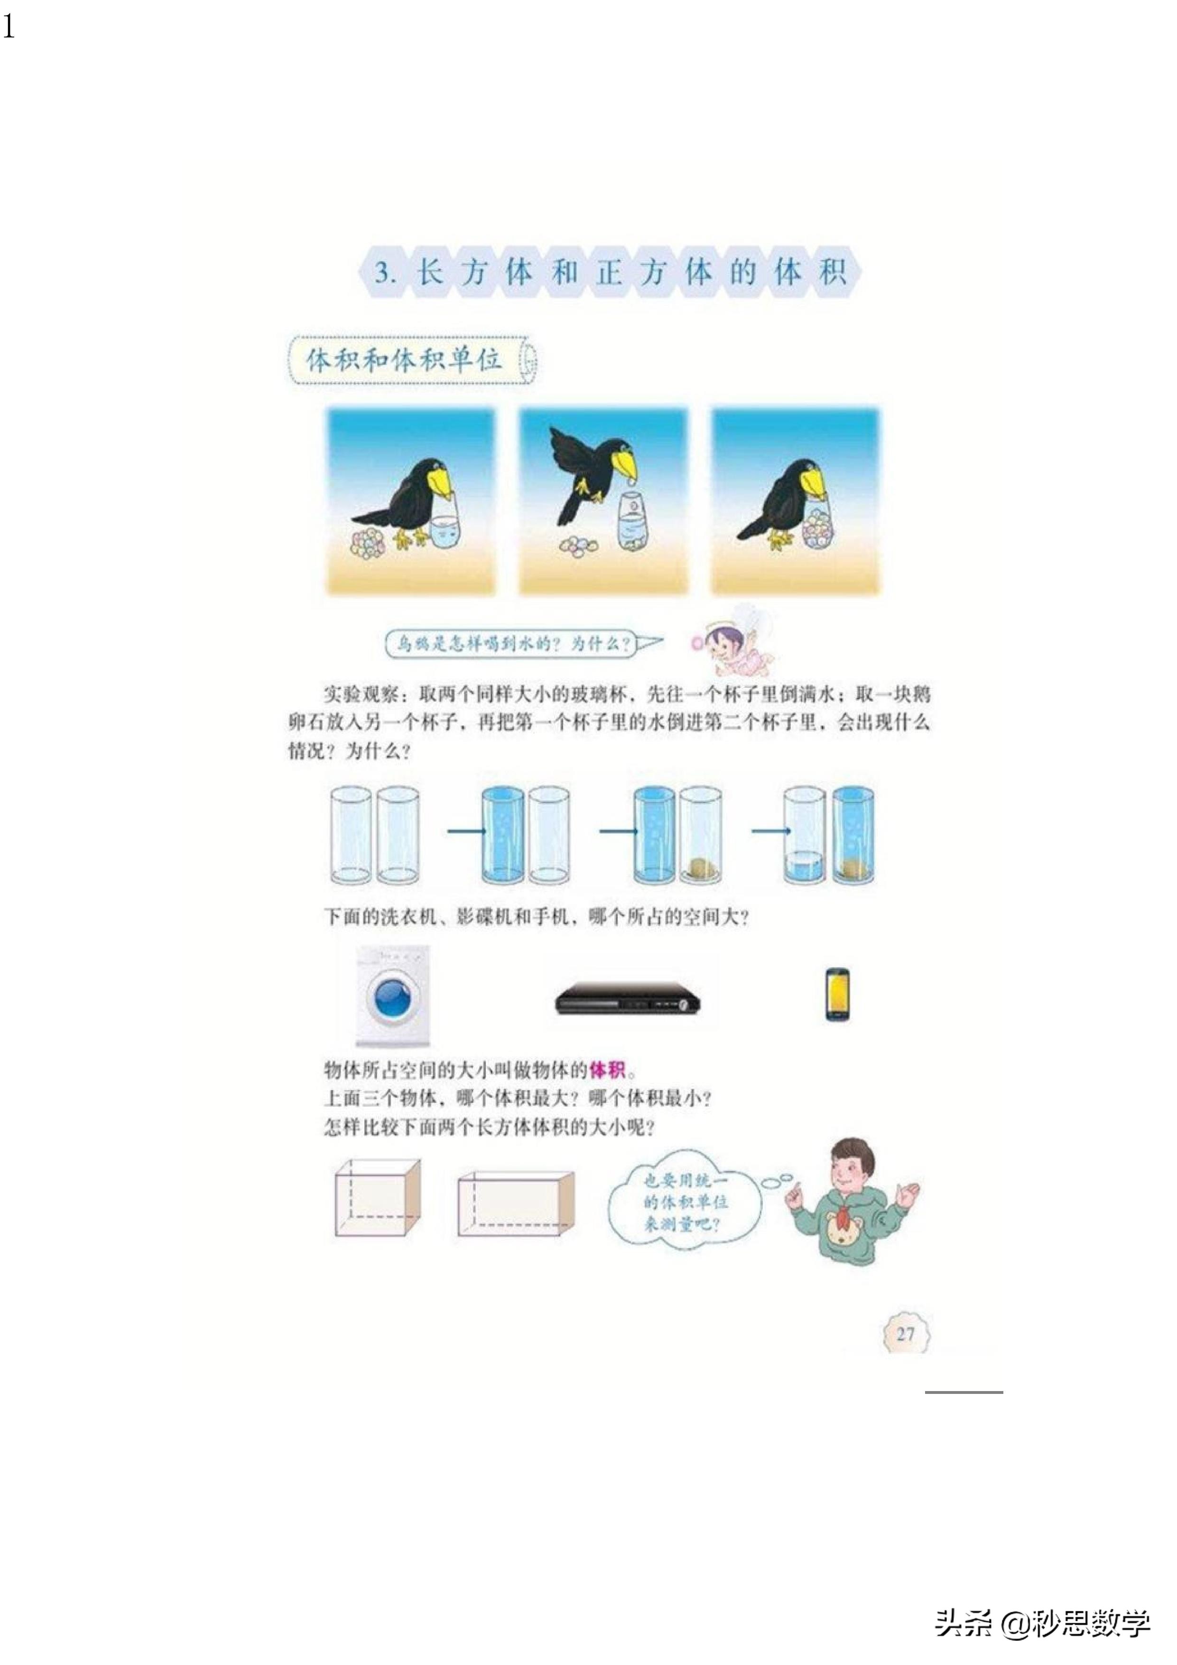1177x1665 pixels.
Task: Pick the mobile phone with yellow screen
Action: coord(837,994)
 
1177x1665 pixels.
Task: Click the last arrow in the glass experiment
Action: coord(769,830)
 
